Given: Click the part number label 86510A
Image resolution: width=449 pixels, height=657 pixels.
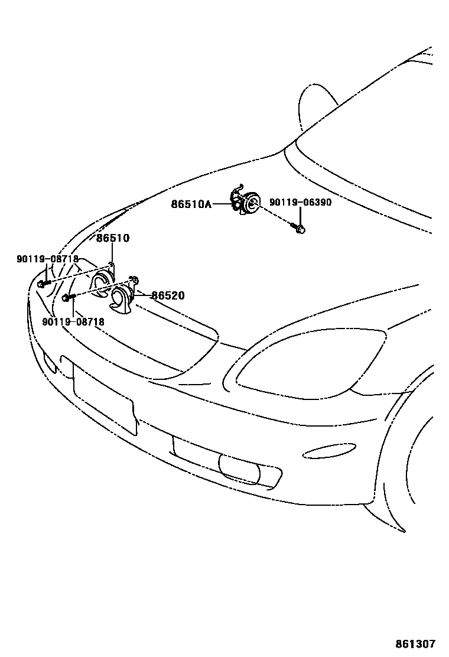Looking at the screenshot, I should coord(191,204).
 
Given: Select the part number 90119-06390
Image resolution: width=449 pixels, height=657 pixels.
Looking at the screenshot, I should coord(300,202).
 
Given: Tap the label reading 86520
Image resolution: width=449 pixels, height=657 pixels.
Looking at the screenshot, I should coord(168,295).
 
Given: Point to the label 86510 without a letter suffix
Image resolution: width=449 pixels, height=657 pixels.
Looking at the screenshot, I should coord(113,238).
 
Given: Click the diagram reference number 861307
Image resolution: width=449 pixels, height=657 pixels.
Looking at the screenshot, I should coord(421,643).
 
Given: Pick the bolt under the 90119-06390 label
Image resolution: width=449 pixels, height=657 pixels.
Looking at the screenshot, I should coord(300,228).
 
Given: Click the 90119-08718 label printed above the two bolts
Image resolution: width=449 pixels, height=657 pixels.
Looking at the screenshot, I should coord(47,259).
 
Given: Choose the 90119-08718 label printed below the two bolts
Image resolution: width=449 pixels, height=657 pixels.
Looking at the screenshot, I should coord(73,322).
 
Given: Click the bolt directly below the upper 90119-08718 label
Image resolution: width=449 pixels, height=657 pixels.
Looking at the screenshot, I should coord(41,284).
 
